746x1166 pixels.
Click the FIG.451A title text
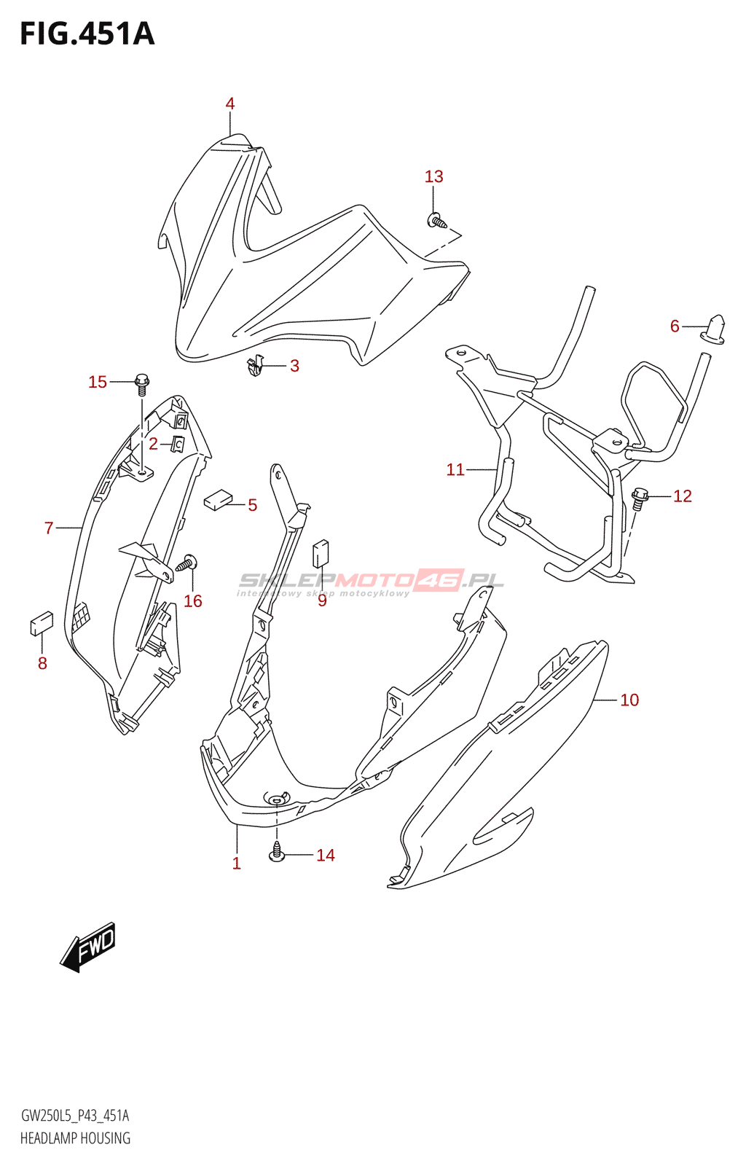[x=87, y=34]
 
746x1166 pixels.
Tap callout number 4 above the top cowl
[x=230, y=103]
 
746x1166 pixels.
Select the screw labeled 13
[x=436, y=219]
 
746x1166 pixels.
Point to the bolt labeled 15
[x=142, y=382]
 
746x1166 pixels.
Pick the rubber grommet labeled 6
[x=715, y=329]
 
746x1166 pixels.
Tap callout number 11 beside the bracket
[x=455, y=470]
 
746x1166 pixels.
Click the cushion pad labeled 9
[x=321, y=554]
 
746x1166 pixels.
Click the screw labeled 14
[x=277, y=851]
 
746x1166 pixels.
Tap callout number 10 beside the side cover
[x=629, y=700]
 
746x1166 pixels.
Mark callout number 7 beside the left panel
[x=49, y=528]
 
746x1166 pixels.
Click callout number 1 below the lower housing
[x=236, y=864]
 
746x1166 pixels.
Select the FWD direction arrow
[x=88, y=946]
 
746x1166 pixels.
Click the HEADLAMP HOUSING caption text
[x=76, y=1138]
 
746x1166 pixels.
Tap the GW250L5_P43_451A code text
[x=76, y=1116]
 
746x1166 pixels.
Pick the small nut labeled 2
[x=177, y=443]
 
